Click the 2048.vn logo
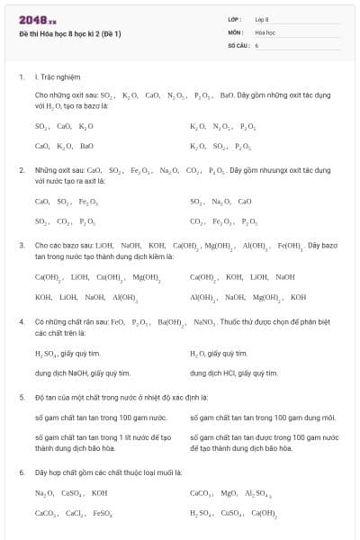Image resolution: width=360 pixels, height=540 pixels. pyautogui.click(x=31, y=20)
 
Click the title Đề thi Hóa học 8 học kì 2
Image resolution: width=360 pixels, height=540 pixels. pyautogui.click(x=69, y=33)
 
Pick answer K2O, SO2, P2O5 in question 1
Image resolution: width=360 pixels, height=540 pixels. pyautogui.click(x=220, y=145)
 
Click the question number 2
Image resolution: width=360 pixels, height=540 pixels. pyautogui.click(x=22, y=169)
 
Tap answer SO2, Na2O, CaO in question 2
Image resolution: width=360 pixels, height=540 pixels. pyautogui.click(x=220, y=202)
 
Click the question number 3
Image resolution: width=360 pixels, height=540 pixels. pyautogui.click(x=22, y=245)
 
